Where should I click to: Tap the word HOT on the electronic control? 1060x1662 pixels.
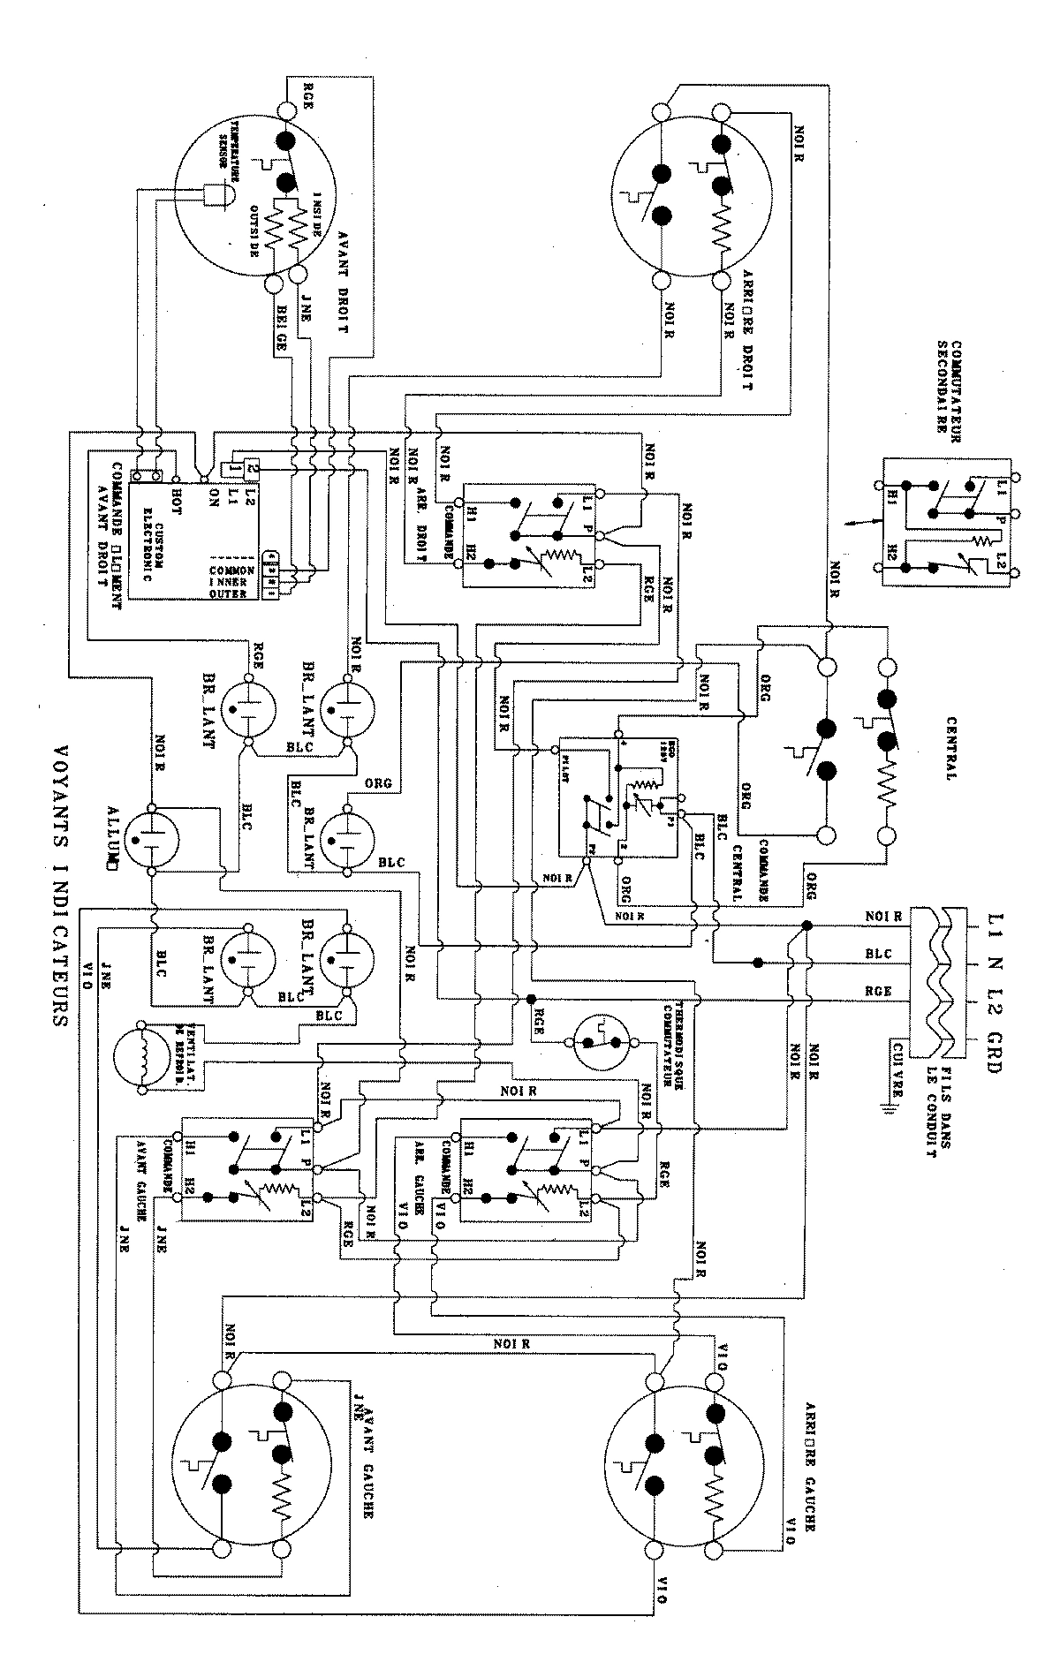177,485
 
